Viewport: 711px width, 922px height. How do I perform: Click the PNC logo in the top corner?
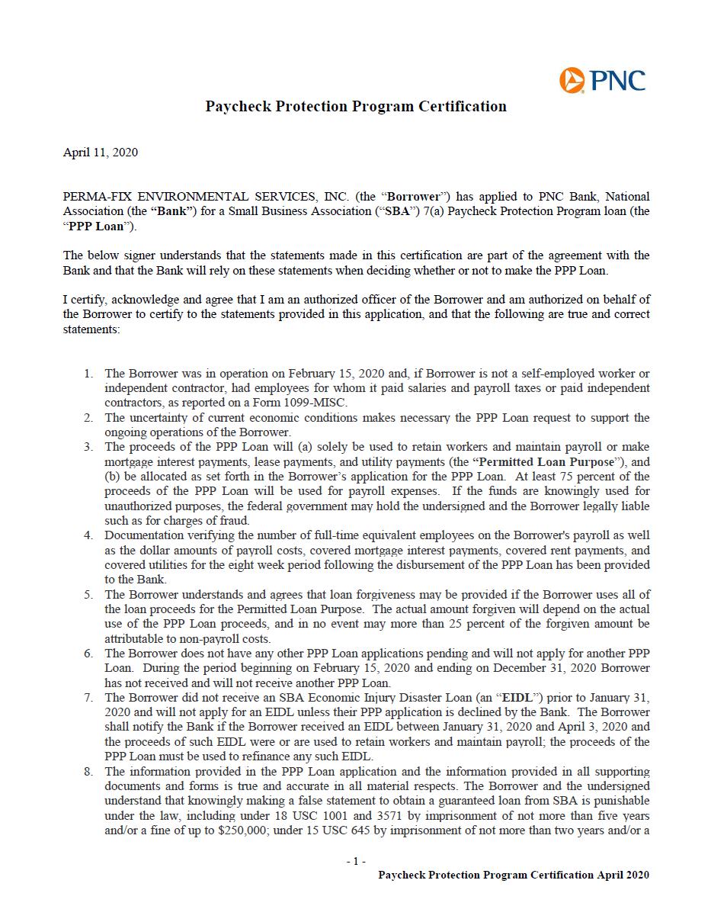coord(601,79)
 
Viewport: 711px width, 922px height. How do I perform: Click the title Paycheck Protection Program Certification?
coord(356,107)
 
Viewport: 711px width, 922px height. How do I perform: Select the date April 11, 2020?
coord(100,153)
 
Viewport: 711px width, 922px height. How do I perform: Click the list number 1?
coord(88,374)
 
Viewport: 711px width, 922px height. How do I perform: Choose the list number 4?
coord(88,535)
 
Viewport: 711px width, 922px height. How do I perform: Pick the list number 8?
coord(88,772)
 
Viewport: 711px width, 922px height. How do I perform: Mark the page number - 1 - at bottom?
coord(356,861)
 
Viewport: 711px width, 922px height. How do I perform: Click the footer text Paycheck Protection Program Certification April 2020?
coord(514,875)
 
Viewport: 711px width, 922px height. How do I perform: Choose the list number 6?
coord(88,654)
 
